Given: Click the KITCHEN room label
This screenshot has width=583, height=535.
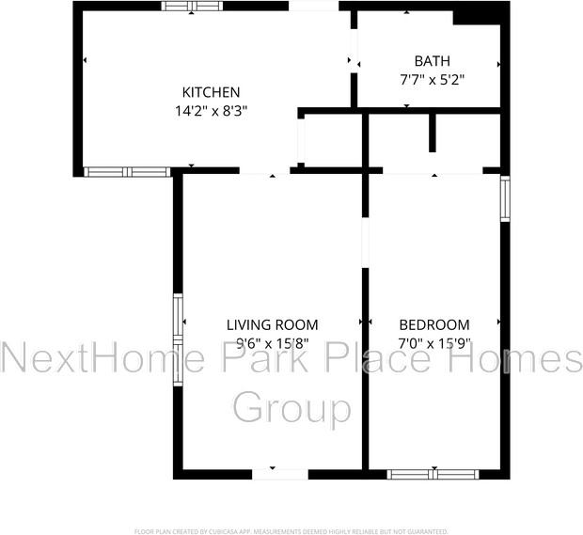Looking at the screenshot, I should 211,92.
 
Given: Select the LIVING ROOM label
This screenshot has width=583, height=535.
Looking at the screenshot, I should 272,325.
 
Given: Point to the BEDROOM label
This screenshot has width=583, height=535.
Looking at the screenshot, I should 433,325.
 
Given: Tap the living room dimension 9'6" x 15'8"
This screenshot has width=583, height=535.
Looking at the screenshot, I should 272,343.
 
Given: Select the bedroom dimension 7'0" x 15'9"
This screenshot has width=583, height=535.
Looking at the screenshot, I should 433,343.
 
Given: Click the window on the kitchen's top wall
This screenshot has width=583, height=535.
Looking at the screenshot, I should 192,6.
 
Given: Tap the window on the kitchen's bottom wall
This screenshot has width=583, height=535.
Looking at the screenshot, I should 126,172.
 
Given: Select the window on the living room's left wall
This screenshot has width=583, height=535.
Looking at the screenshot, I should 178,339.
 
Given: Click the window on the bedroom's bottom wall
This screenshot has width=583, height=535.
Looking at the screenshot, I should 433,474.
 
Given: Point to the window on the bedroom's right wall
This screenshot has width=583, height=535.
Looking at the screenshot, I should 505,198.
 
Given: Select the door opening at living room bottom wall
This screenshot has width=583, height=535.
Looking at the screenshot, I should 281,474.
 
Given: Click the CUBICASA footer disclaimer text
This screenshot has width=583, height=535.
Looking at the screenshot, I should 291,531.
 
